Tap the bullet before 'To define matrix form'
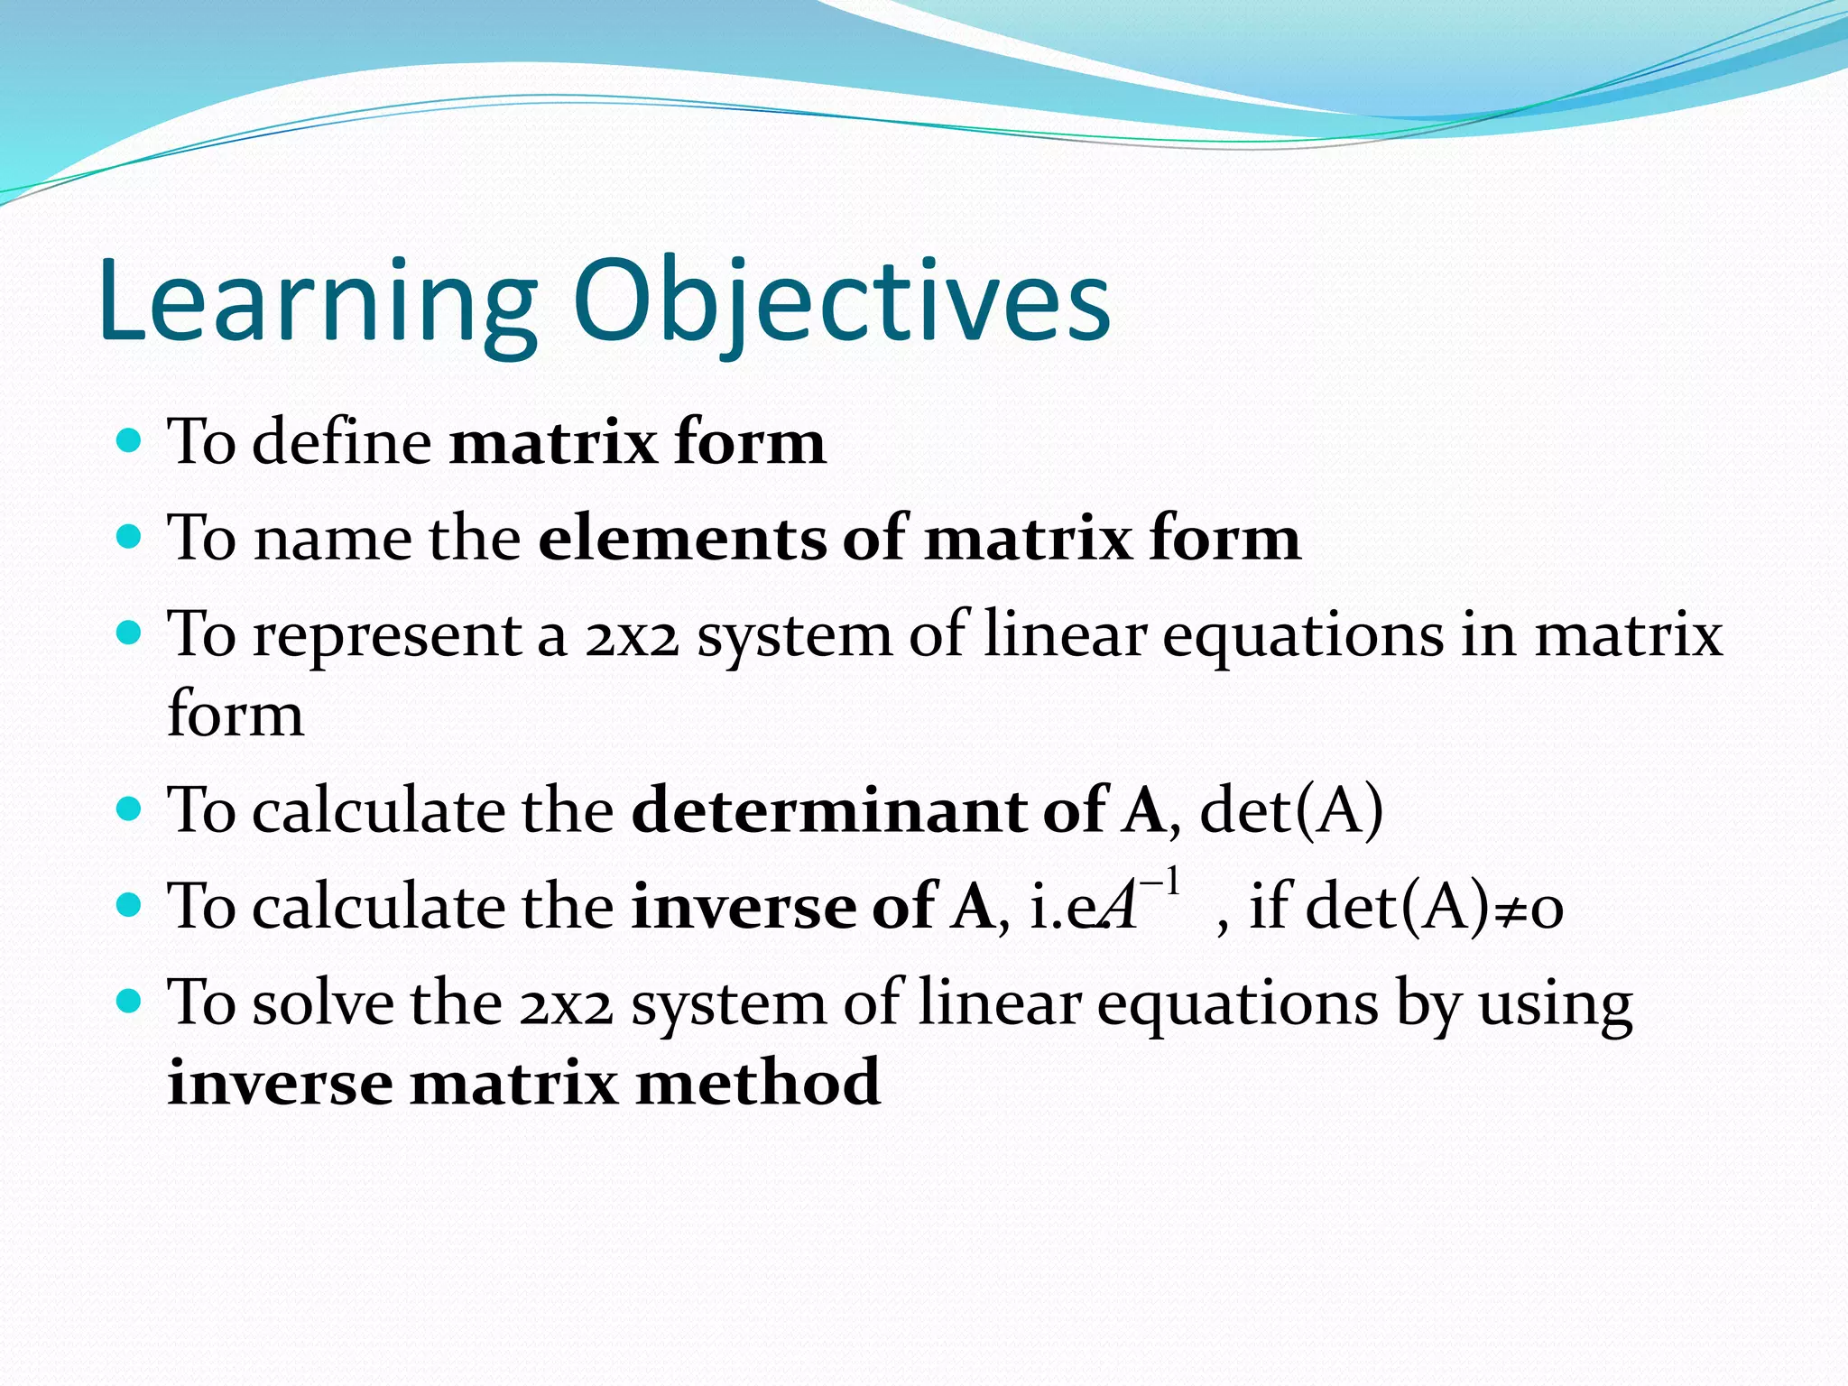point(130,441)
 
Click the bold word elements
point(681,538)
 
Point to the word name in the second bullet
point(331,539)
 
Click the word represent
point(387,635)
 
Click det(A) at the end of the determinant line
point(1290,809)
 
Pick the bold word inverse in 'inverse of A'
point(743,906)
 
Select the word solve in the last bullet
point(322,1003)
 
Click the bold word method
point(758,1082)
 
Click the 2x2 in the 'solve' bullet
point(566,1004)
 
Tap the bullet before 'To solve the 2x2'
point(130,1001)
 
